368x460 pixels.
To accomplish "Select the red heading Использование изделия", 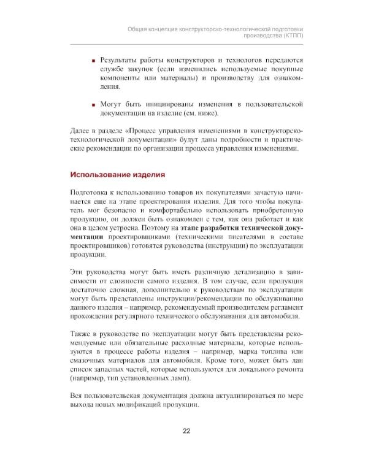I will click(x=118, y=175).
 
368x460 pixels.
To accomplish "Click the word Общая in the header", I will click(x=139, y=28).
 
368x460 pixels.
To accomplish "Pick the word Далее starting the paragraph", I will click(x=82, y=132).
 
